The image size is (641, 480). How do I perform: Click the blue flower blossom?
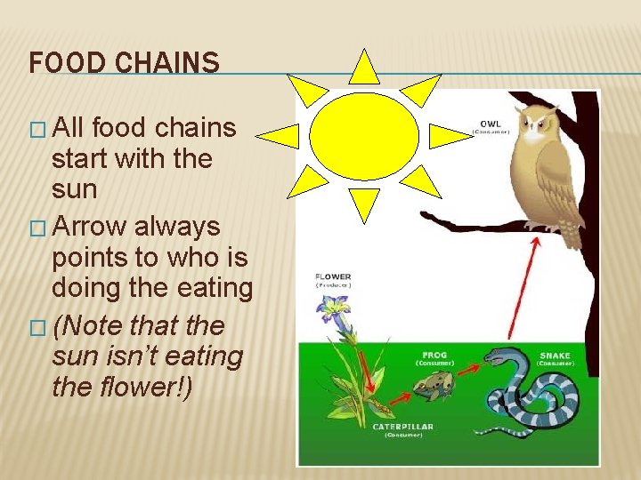(335, 308)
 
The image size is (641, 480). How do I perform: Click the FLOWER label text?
(332, 276)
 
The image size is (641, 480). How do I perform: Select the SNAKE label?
(555, 356)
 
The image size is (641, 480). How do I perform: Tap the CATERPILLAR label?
(402, 427)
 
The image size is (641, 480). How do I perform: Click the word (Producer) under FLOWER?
(332, 285)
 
